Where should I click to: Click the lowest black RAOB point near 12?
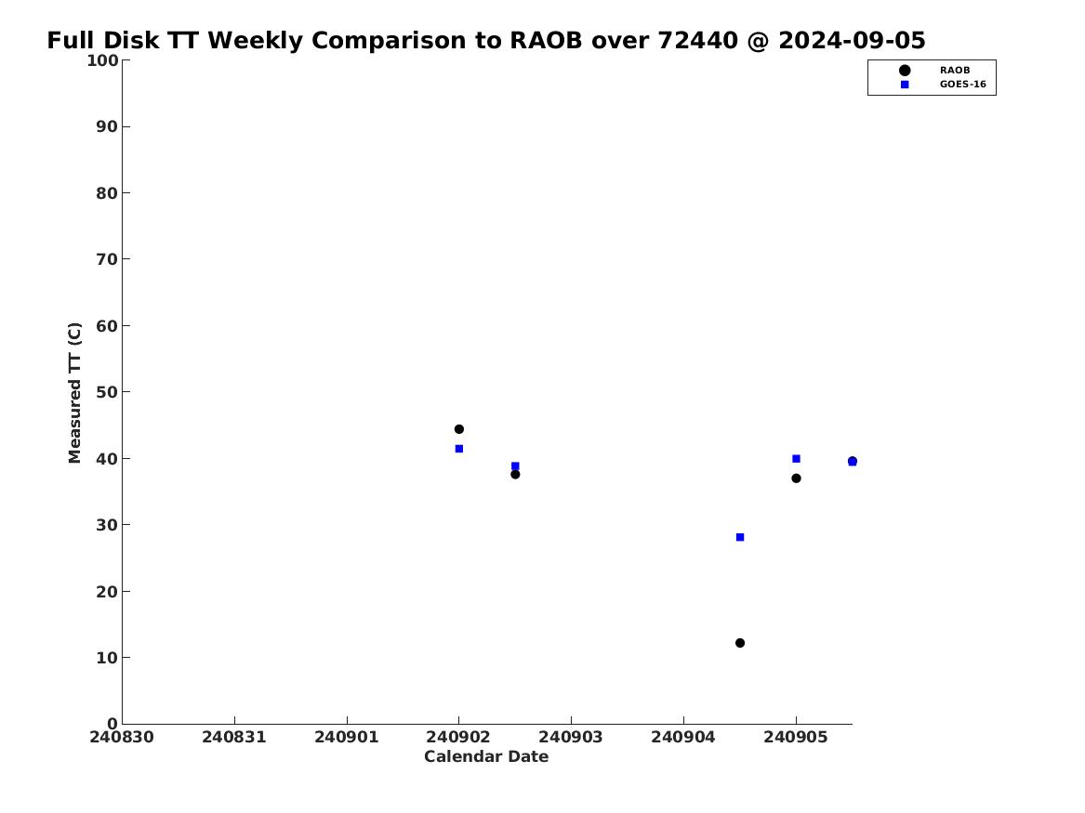pos(740,643)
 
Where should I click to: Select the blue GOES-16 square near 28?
pos(740,537)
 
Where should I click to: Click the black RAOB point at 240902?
pos(458,429)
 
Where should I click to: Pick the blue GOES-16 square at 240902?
pos(458,449)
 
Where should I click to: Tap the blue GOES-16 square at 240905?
pos(796,458)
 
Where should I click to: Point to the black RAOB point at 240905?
pos(796,479)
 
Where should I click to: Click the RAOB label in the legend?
pos(954,70)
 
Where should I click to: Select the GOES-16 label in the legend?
pos(962,85)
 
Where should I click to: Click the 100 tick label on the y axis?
pos(101,60)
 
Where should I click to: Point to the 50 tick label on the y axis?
pos(107,392)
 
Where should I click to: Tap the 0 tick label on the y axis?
pos(112,724)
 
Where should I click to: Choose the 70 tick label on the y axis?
pos(107,259)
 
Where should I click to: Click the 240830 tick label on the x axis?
pos(122,737)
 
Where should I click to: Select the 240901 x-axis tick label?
pos(347,737)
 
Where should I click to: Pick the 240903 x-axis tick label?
pos(571,737)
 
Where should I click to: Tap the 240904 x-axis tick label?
pos(683,737)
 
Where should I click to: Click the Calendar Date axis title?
pos(486,756)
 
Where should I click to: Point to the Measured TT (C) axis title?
pos(74,392)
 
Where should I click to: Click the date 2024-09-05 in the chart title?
pos(852,41)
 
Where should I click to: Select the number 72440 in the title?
pos(698,41)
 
